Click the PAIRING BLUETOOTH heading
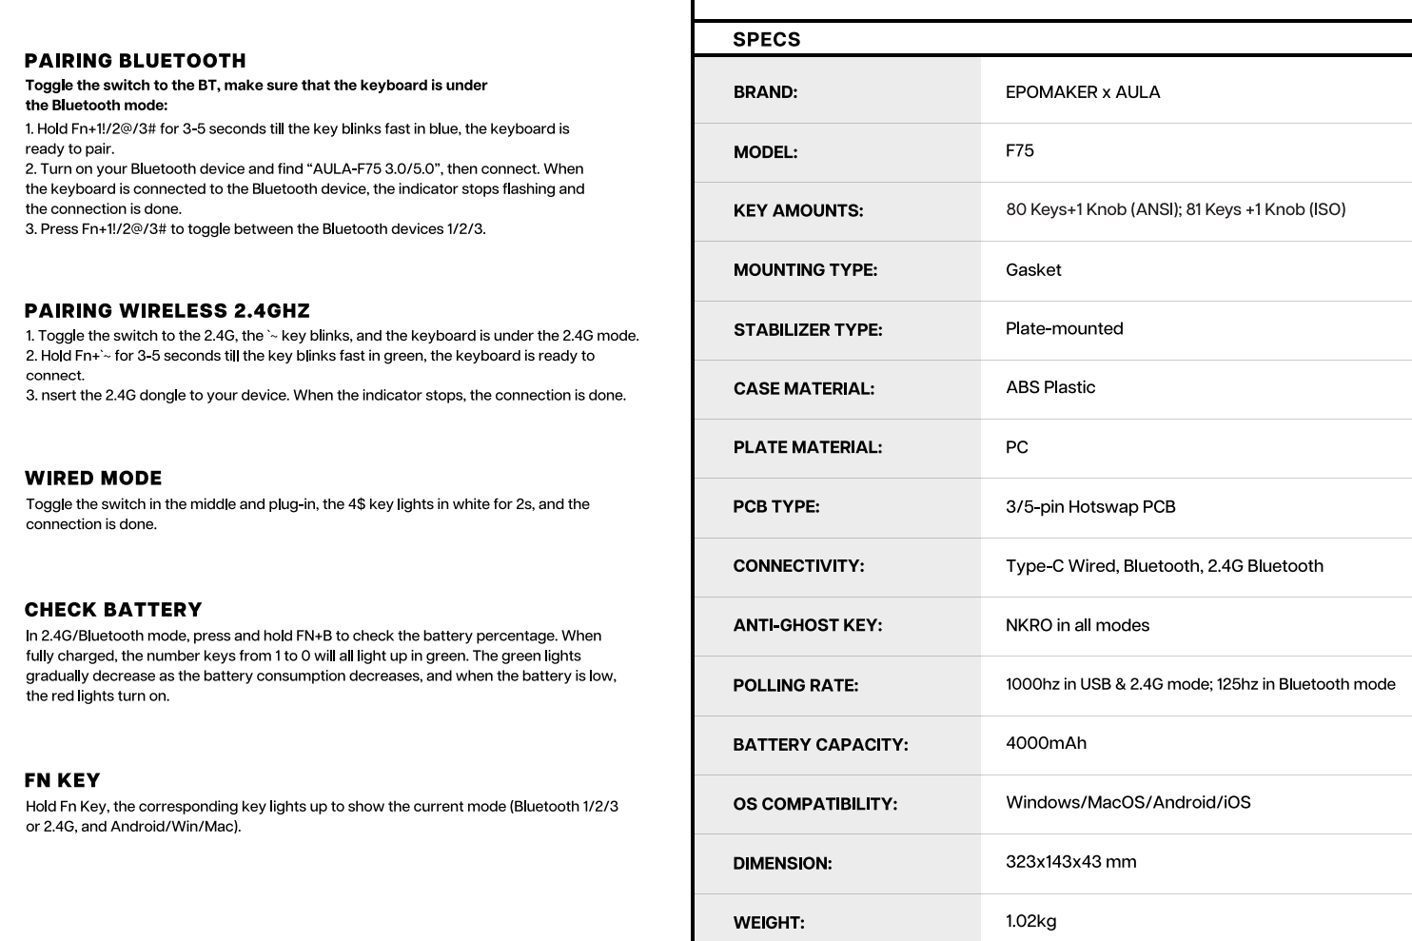coord(135,61)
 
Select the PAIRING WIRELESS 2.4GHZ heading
coord(167,311)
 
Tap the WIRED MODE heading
coord(93,479)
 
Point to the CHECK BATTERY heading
coord(113,610)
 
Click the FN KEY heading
coord(62,780)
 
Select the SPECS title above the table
coord(766,40)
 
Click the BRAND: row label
coord(765,92)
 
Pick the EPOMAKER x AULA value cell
coord(1082,92)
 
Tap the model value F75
coord(1019,150)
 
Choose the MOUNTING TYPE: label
coord(805,270)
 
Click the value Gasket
coord(1032,270)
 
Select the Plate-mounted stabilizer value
coord(1064,328)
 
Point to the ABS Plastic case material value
coord(1049,387)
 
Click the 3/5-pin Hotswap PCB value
coord(1089,507)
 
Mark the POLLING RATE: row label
coord(795,685)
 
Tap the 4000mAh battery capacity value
coord(1046,743)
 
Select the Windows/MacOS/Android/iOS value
coord(1128,802)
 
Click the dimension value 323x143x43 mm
coord(1070,862)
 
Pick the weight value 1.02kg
coord(1030,921)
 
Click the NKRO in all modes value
coord(1077,625)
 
